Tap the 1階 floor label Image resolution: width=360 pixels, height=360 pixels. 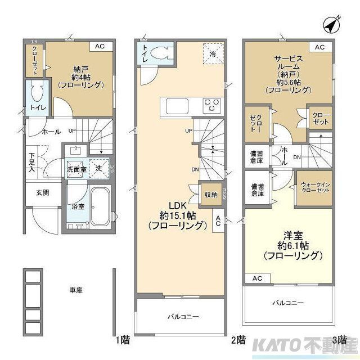pyautogui.click(x=123, y=340)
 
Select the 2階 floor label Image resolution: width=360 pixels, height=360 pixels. pyautogui.click(x=237, y=340)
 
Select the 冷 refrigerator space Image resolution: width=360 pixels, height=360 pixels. pyautogui.click(x=213, y=54)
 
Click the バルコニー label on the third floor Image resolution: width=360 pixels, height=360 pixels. pyautogui.click(x=289, y=303)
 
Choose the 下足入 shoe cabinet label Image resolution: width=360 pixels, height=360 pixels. pyautogui.click(x=32, y=161)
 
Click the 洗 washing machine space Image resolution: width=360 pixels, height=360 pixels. pyautogui.click(x=99, y=168)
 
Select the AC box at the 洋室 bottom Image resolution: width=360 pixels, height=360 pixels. pyautogui.click(x=257, y=278)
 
